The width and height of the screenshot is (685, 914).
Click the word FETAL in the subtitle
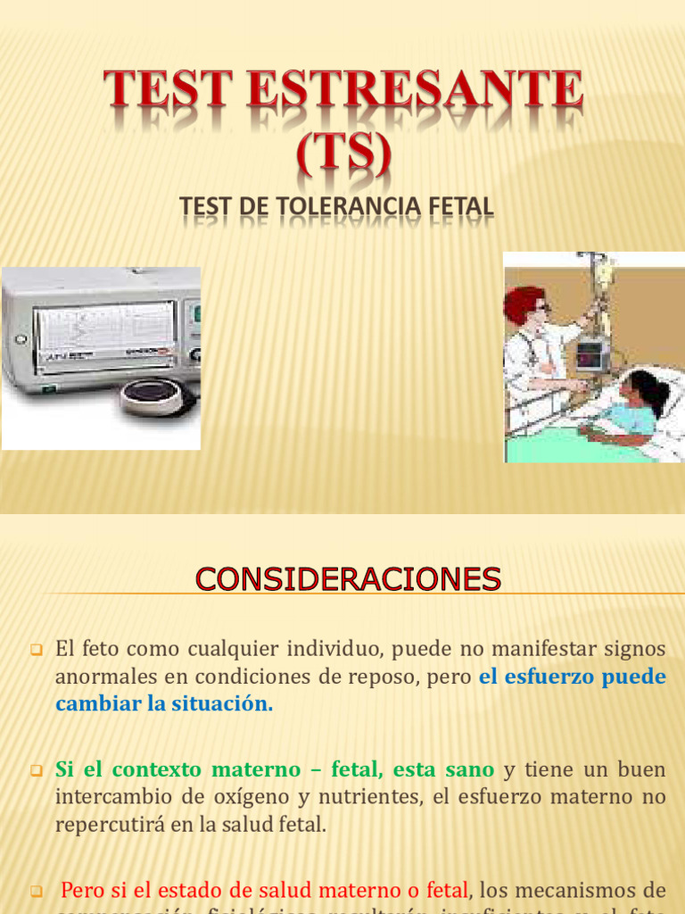click(456, 207)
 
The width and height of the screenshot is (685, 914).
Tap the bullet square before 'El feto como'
click(37, 650)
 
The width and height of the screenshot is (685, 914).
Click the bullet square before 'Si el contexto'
click(37, 769)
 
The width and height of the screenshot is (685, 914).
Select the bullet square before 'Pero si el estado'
click(37, 891)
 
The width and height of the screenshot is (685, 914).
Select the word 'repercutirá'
click(108, 824)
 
